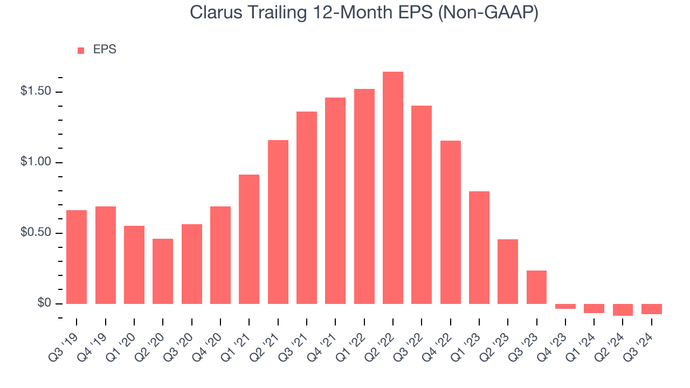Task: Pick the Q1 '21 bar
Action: [x=249, y=239]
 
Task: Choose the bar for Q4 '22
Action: [x=450, y=222]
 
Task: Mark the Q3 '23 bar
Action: [x=536, y=287]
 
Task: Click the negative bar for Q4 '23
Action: [x=565, y=307]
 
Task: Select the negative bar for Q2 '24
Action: [x=623, y=310]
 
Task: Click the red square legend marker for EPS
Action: [x=81, y=51]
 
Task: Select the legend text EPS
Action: [x=105, y=50]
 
